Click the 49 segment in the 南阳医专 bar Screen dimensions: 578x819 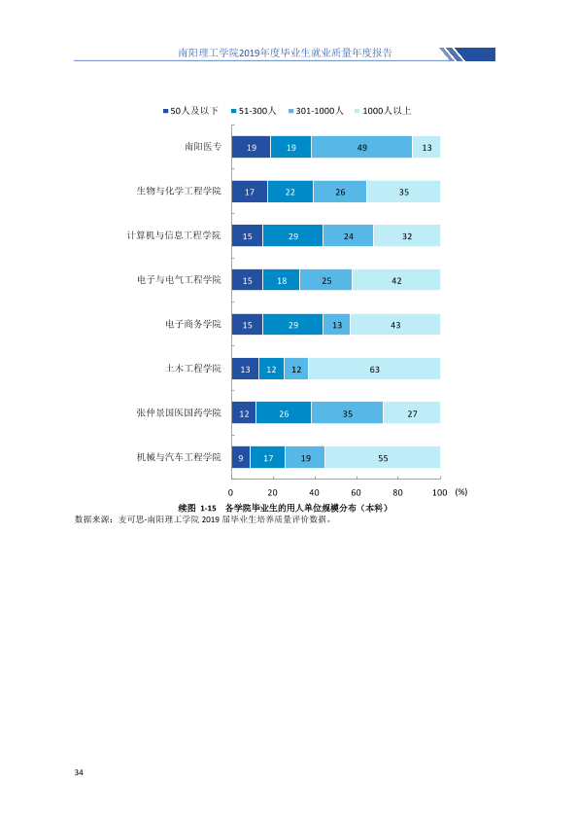361,147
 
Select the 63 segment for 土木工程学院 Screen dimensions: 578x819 374,369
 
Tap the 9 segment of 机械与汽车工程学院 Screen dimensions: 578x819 241,457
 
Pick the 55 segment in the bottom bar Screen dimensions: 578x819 383,457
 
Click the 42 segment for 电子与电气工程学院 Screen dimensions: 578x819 396,280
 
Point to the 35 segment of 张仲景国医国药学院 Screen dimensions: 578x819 348,413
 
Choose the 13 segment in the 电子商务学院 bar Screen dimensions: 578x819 336,324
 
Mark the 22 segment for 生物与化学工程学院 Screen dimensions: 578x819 290,192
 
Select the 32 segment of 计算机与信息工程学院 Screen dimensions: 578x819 407,235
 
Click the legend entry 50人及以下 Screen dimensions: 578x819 190,111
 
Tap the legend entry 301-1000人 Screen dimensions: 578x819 316,111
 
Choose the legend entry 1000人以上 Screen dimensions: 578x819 383,111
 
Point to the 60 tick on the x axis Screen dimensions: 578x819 356,492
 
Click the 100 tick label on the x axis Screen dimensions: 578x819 440,492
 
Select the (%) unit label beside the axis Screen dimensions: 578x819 461,492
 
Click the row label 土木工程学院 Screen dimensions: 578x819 193,369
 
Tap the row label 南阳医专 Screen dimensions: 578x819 203,147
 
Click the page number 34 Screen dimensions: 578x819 79,772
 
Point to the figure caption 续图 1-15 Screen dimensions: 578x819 196,508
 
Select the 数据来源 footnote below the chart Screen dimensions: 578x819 203,519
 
